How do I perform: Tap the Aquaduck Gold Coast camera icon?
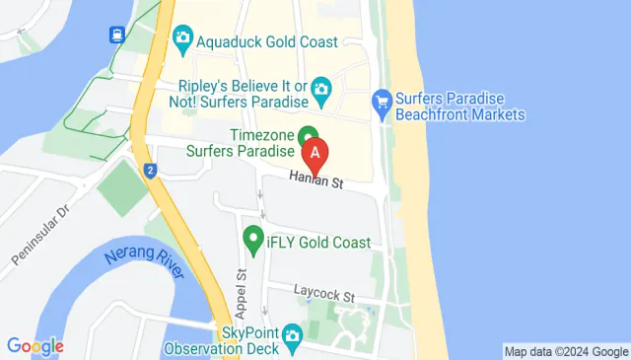tap(182, 40)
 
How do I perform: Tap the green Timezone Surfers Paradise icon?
tap(309, 136)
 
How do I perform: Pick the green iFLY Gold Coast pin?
tap(253, 240)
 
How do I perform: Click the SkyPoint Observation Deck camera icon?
tap(292, 337)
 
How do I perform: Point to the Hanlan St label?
tap(315, 181)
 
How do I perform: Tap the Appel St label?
tap(240, 287)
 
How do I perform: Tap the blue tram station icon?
tap(116, 35)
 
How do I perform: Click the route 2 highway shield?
tap(149, 170)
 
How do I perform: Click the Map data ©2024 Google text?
tap(565, 351)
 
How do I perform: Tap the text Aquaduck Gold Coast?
tap(267, 41)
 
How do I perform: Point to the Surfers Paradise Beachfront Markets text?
tap(461, 107)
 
